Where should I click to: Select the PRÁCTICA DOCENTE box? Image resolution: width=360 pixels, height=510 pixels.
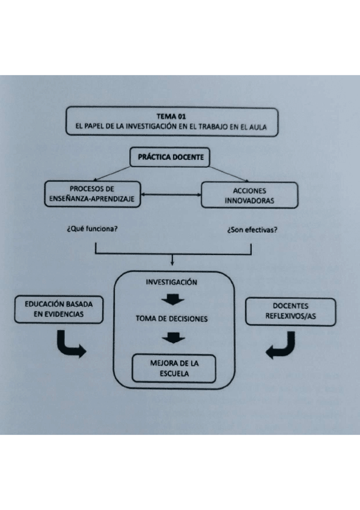[171, 158]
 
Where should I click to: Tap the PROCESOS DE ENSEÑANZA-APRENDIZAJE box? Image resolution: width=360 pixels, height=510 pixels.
[93, 194]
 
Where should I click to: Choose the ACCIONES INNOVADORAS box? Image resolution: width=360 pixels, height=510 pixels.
[249, 194]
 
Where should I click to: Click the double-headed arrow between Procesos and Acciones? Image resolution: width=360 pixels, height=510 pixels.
[171, 195]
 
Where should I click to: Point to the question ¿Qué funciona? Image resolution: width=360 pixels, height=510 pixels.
[93, 230]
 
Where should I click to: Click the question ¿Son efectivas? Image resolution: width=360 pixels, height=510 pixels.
[252, 230]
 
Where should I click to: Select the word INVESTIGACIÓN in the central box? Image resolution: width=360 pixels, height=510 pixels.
[172, 282]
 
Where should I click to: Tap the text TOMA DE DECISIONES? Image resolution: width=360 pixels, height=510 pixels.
[172, 319]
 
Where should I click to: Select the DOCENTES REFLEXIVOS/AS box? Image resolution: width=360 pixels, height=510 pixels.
[291, 310]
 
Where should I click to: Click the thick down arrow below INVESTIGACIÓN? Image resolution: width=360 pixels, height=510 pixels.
[172, 300]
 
